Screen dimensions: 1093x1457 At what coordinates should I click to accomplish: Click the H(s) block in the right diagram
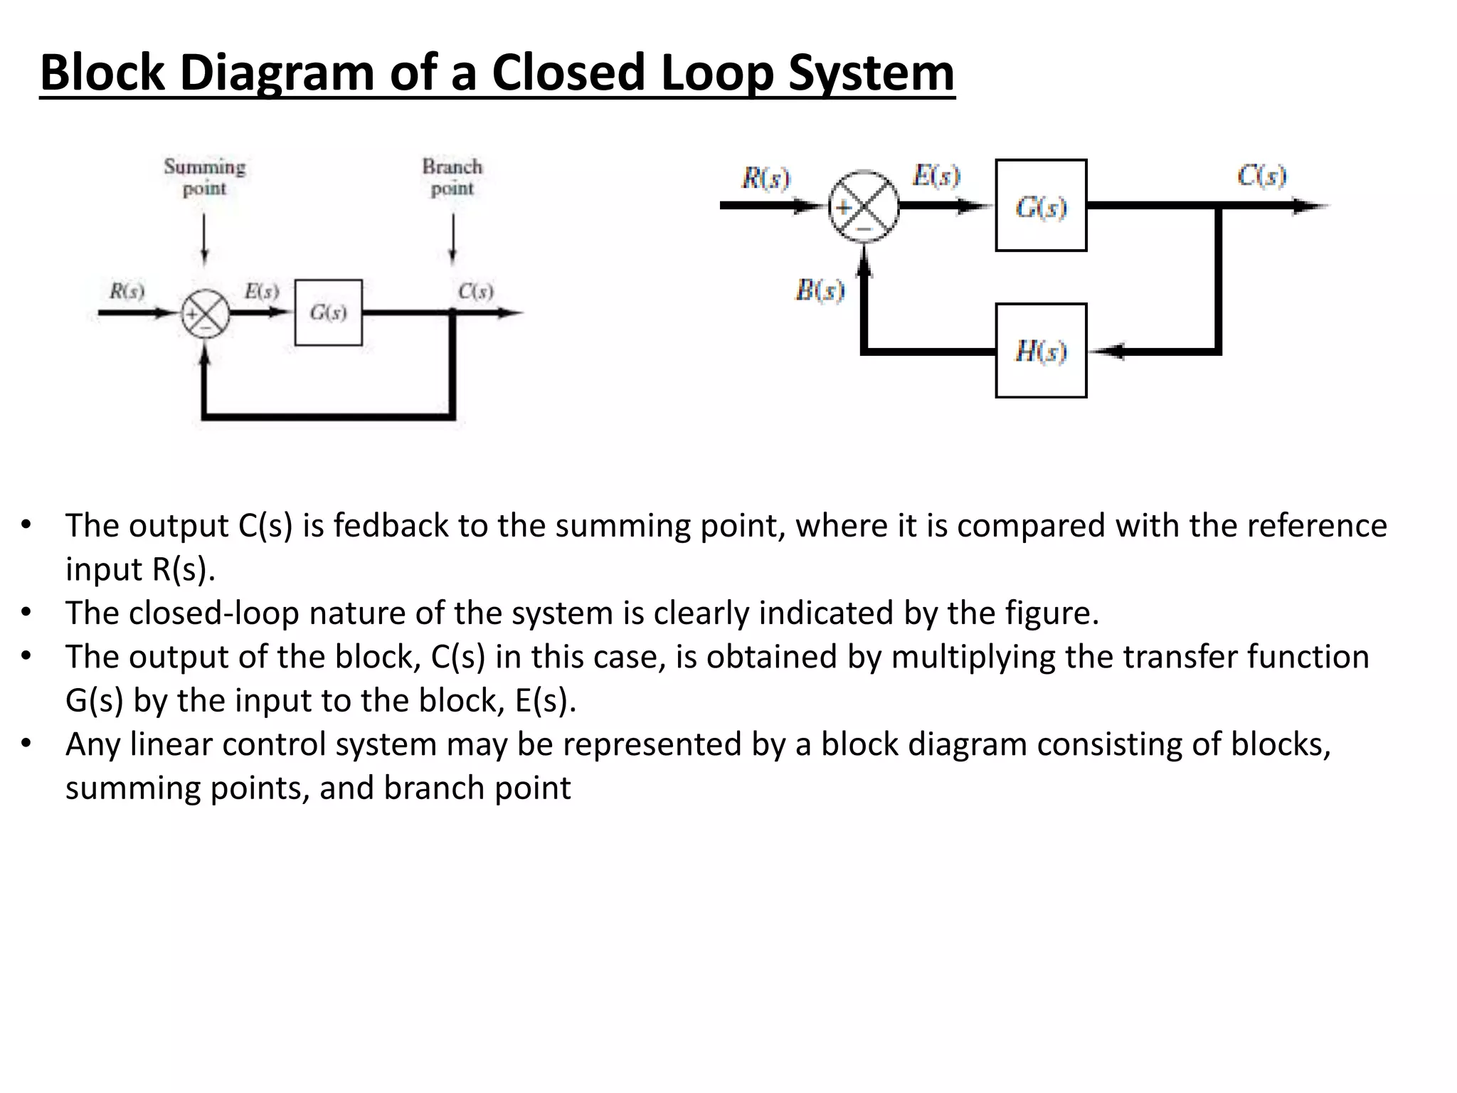1041,351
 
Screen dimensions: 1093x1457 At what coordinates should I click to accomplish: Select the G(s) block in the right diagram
1041,206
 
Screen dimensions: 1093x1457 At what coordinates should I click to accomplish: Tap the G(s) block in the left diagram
328,312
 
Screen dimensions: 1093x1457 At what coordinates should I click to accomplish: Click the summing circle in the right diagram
864,206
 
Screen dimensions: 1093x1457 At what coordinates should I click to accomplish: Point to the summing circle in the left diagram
206,313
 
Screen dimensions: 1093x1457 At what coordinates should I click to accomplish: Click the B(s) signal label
820,290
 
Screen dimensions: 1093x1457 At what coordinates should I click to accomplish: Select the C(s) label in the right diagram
1261,176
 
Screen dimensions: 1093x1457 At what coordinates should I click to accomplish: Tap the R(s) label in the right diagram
765,178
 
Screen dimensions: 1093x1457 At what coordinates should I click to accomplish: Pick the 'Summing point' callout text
205,177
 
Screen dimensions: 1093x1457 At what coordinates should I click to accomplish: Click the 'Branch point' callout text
452,177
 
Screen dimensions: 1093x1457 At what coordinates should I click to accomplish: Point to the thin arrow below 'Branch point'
452,239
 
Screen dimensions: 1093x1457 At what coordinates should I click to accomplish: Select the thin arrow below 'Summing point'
205,239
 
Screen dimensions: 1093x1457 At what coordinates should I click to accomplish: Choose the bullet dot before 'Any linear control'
26,743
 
